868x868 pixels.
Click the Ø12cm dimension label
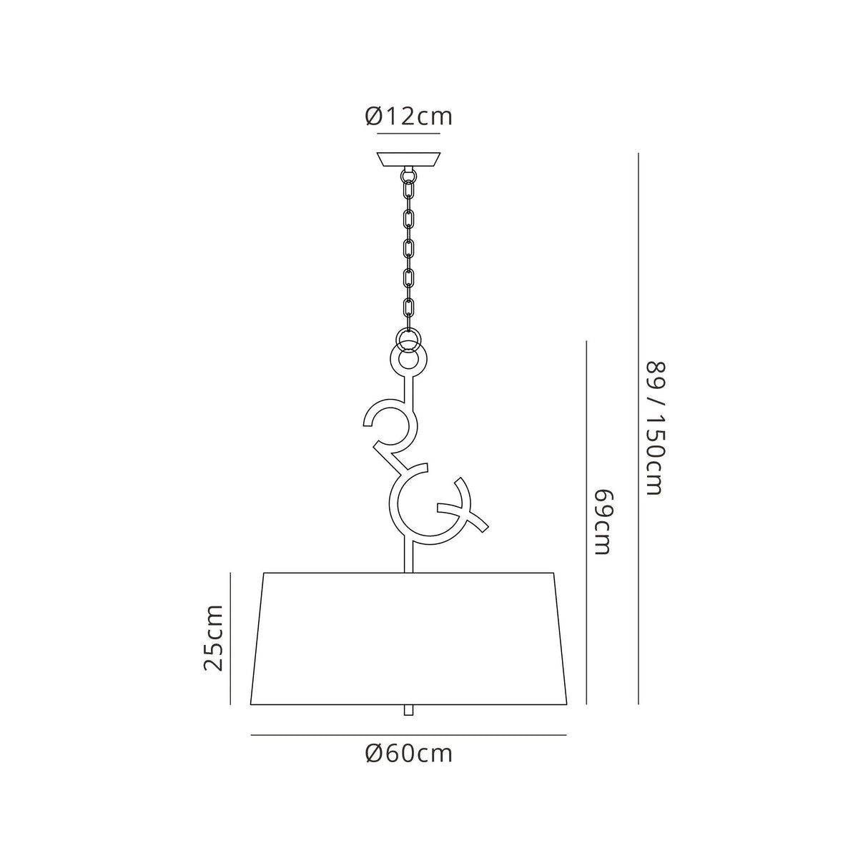(x=408, y=117)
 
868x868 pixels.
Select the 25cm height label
(x=213, y=638)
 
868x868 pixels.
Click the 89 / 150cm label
(x=654, y=428)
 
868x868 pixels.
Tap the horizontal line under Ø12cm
(x=408, y=134)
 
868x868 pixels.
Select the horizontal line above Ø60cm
(x=408, y=735)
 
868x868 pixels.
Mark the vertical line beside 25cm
(x=230, y=638)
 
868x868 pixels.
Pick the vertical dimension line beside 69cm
(x=586, y=523)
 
